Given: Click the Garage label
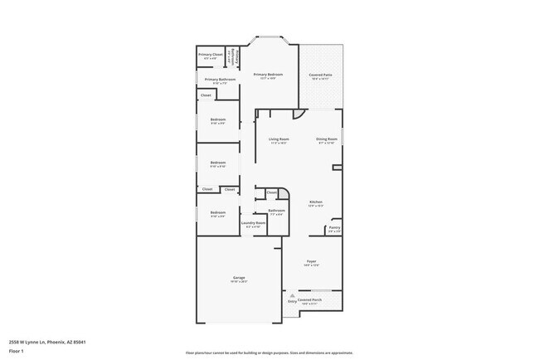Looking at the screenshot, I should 238,277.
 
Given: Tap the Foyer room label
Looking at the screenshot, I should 312,260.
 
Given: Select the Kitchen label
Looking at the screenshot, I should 315,202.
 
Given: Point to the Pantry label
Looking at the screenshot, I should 333,226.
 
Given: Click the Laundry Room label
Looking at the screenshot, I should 253,222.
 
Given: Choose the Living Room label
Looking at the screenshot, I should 279,139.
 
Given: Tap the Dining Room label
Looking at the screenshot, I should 327,139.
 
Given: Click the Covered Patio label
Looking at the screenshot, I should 320,74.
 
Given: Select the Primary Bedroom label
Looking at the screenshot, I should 268,74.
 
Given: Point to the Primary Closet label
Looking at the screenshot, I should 211,55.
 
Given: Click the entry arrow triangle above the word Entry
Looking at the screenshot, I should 292,295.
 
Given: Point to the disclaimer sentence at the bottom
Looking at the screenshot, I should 269,353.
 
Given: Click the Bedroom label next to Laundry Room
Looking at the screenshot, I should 217,212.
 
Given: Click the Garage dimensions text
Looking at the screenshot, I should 238,282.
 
